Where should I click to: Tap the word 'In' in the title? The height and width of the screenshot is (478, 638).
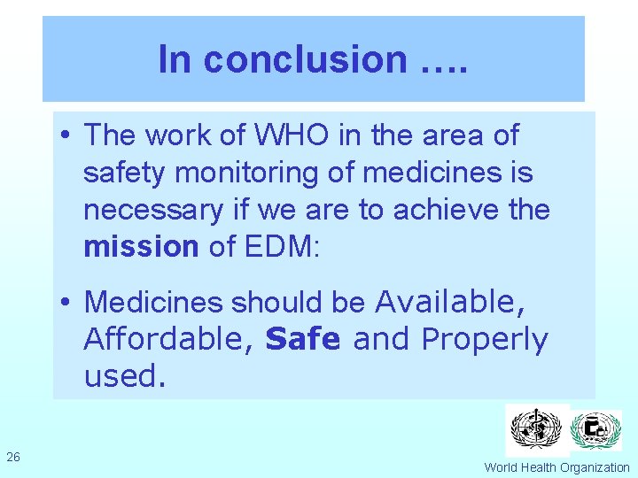[x=175, y=59]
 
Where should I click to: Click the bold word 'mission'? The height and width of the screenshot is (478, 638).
[x=141, y=247]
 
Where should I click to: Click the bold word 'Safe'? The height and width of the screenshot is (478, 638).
[x=302, y=339]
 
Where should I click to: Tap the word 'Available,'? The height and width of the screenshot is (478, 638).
[x=449, y=303]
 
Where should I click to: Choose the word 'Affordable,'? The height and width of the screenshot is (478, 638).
[x=168, y=339]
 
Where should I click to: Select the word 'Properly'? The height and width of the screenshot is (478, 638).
[x=485, y=340]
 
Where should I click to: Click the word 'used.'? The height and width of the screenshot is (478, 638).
[x=124, y=376]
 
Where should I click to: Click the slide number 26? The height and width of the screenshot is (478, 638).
[x=13, y=457]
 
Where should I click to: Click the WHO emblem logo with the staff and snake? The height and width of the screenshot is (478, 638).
[x=537, y=429]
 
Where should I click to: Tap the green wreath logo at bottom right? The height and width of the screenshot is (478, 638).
[x=595, y=430]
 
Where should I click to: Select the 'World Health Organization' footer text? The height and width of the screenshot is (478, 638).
[x=556, y=467]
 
